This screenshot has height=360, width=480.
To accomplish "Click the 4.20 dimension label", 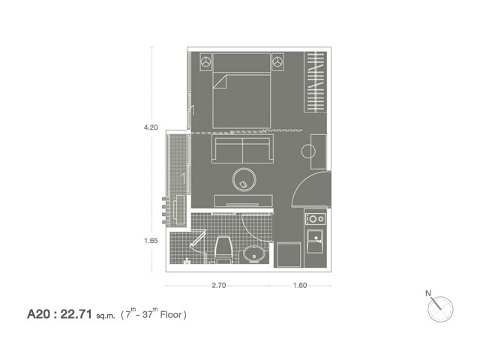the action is click(x=151, y=127).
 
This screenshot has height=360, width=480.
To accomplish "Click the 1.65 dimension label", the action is click(x=151, y=241).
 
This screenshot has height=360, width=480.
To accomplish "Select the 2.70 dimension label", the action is click(x=219, y=285).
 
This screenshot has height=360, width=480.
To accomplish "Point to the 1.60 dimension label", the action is click(x=300, y=285).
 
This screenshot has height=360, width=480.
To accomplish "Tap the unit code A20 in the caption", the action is click(x=38, y=314).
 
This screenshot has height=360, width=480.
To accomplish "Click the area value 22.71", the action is click(x=76, y=314).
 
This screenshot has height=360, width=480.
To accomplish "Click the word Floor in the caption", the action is click(x=171, y=315).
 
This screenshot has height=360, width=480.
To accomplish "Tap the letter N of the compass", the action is click(x=428, y=293).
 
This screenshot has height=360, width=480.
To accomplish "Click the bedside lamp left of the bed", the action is click(x=206, y=61).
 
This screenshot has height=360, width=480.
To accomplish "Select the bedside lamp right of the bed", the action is click(x=277, y=61).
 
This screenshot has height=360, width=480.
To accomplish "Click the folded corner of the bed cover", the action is click(x=220, y=82).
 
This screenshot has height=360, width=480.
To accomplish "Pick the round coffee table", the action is click(x=244, y=180).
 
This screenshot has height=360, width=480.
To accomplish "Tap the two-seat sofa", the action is click(x=242, y=148).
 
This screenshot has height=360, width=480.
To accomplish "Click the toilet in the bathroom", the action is click(x=224, y=250).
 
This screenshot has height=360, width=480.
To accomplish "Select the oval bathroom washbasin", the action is click(x=254, y=254).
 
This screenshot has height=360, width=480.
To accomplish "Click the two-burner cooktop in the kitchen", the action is click(x=316, y=219).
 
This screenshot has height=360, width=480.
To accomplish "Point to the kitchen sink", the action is click(x=315, y=241).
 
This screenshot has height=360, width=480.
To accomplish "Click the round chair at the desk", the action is click(x=308, y=151).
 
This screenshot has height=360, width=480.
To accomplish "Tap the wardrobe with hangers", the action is click(x=315, y=82).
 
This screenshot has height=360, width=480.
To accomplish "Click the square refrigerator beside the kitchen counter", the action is click(x=289, y=255).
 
